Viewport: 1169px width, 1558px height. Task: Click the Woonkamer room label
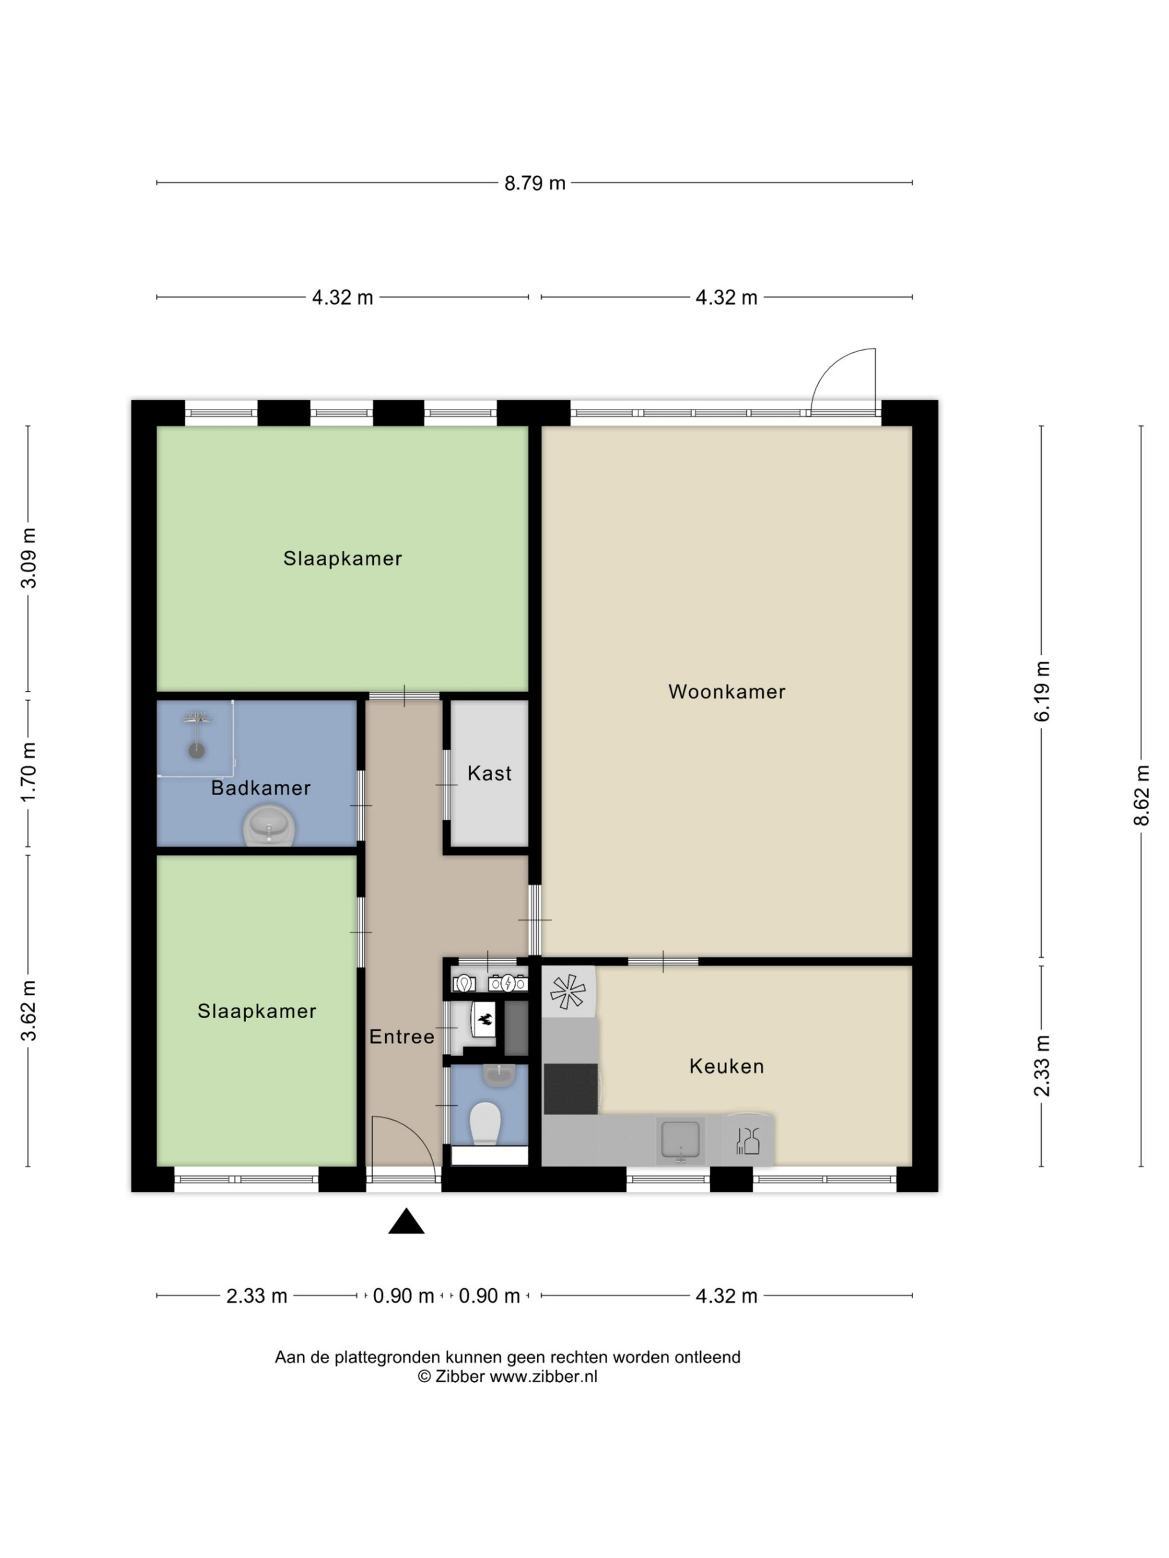(727, 692)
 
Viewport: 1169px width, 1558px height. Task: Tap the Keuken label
(727, 1066)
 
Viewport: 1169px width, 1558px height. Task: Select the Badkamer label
(261, 788)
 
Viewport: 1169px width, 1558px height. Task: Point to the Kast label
(489, 773)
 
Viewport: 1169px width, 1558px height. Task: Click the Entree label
(402, 1036)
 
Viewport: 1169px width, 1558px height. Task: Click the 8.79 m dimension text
(535, 183)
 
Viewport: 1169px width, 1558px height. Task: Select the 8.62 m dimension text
(1141, 795)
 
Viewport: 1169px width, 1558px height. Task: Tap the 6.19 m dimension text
(1042, 691)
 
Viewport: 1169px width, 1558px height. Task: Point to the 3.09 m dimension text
(28, 557)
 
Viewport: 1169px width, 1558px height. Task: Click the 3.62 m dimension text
(28, 1010)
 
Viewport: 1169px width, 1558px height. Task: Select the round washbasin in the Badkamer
(268, 826)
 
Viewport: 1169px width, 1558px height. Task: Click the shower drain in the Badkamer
(196, 750)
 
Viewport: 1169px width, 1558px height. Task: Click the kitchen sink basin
(680, 1139)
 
